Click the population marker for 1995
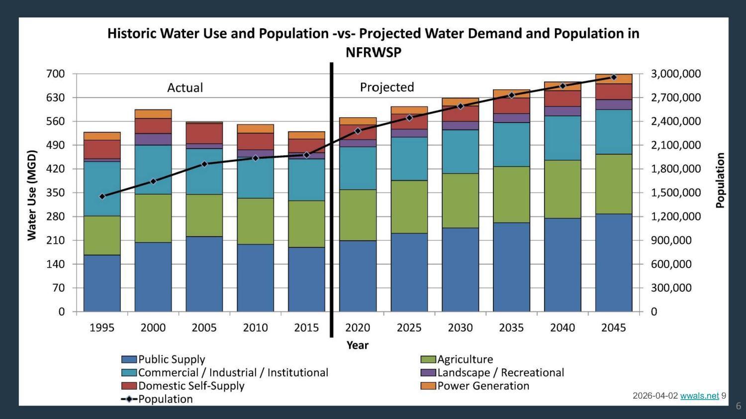point(102,197)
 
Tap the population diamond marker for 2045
point(614,77)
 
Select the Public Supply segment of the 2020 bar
point(358,276)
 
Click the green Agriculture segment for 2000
point(153,218)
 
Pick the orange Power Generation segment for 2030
point(460,102)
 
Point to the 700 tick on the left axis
point(56,74)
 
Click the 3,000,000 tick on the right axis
point(676,74)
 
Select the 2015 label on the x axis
point(306,328)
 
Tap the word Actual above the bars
point(185,88)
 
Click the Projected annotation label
point(387,87)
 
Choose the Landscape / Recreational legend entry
point(500,372)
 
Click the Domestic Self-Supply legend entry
point(191,386)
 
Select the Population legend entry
point(165,399)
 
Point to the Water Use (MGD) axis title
point(32,195)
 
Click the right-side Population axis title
point(720,180)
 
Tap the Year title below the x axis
point(357,345)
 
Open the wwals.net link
point(699,396)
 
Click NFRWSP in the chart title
point(373,52)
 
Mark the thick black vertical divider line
point(331,199)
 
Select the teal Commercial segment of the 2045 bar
point(614,132)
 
